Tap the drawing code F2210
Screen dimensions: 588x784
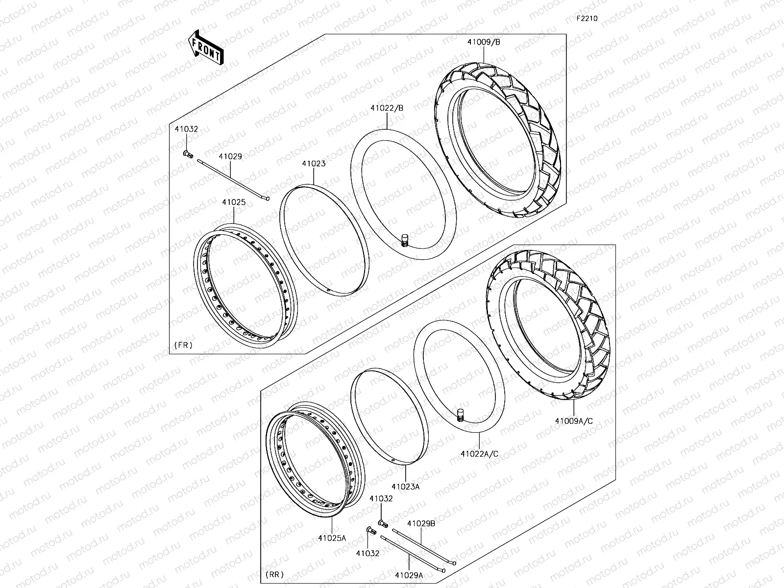[587, 19]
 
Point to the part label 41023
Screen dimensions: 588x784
[314, 164]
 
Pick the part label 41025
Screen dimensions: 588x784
[234, 202]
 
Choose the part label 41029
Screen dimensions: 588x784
[230, 157]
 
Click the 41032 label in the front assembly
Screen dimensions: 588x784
[187, 129]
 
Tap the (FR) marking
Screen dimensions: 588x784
[183, 345]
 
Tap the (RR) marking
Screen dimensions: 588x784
[274, 574]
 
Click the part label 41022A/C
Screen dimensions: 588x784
[479, 454]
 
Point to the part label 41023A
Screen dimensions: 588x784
[406, 487]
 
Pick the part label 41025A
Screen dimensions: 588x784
[332, 538]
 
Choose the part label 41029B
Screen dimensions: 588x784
[421, 523]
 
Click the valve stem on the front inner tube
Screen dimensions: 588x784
[405, 241]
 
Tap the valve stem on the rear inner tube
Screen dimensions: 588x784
[460, 415]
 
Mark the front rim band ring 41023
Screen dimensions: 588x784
[324, 240]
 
